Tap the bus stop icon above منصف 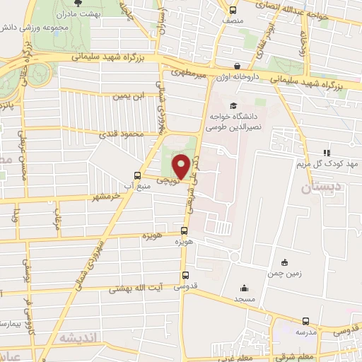(x=233, y=10)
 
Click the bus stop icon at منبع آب (x=138, y=175)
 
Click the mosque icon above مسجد (x=244, y=287)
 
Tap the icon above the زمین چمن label (x=284, y=262)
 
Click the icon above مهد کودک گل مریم (x=326, y=152)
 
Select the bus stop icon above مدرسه (x=305, y=320)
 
